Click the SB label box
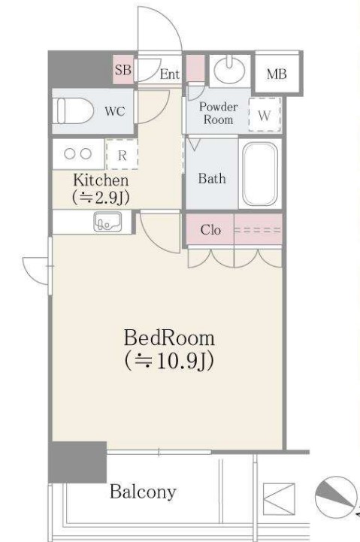tap(123, 69)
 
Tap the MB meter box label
tap(277, 74)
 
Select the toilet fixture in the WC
tap(74, 111)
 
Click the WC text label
tap(115, 111)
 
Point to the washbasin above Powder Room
tap(229, 70)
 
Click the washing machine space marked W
tap(265, 115)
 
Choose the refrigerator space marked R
tap(122, 155)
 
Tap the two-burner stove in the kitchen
tap(78, 154)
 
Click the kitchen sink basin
tap(107, 222)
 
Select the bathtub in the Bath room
tap(260, 174)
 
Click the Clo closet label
tap(210, 229)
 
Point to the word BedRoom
tap(169, 338)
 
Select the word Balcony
tap(143, 492)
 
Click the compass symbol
tap(336, 498)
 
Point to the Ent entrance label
tap(170, 74)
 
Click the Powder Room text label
tap(219, 113)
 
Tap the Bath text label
tap(212, 178)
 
